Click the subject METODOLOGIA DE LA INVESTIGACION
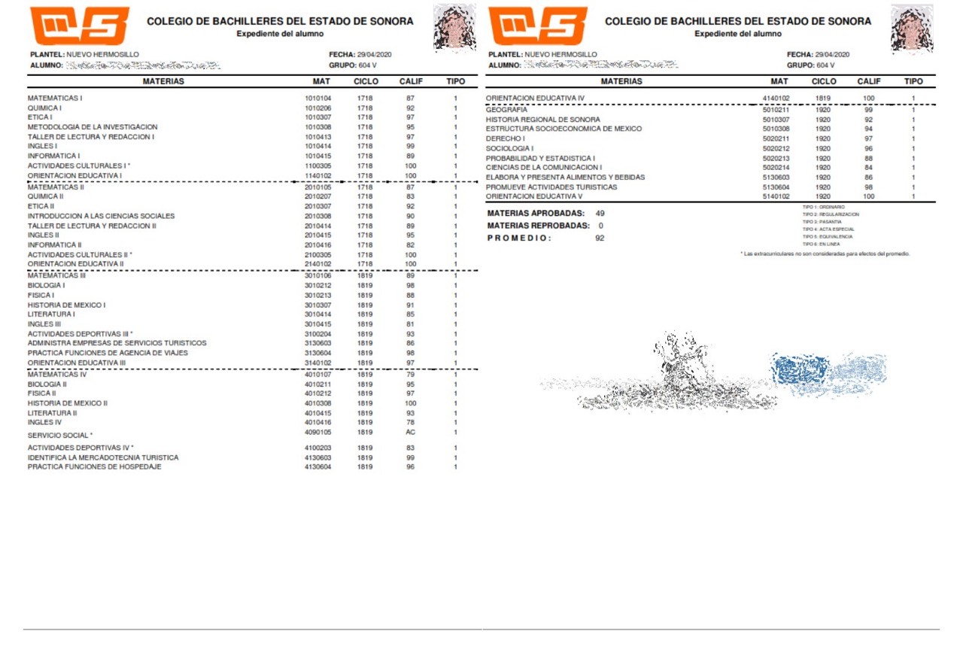[93, 127]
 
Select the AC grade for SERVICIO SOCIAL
[410, 433]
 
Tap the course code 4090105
[317, 433]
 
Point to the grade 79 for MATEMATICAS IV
[410, 374]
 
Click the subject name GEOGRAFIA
[506, 110]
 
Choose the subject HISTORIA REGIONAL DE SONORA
[542, 120]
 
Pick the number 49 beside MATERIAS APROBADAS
[600, 214]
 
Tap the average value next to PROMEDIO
[600, 238]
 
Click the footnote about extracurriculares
[825, 254]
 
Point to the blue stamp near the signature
[801, 370]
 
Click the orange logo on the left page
[79, 26]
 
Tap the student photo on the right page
[912, 27]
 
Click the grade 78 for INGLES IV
[410, 423]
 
